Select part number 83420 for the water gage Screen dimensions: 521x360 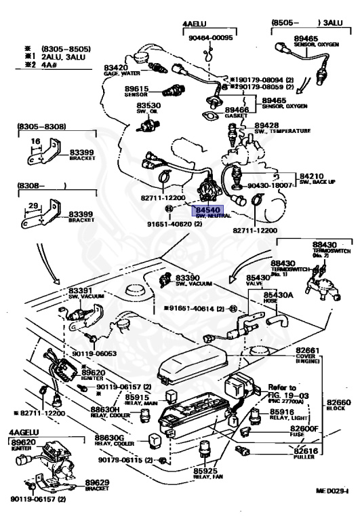click(x=117, y=68)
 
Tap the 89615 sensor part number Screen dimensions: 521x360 click(x=138, y=88)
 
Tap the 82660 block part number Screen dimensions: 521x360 click(x=339, y=402)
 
